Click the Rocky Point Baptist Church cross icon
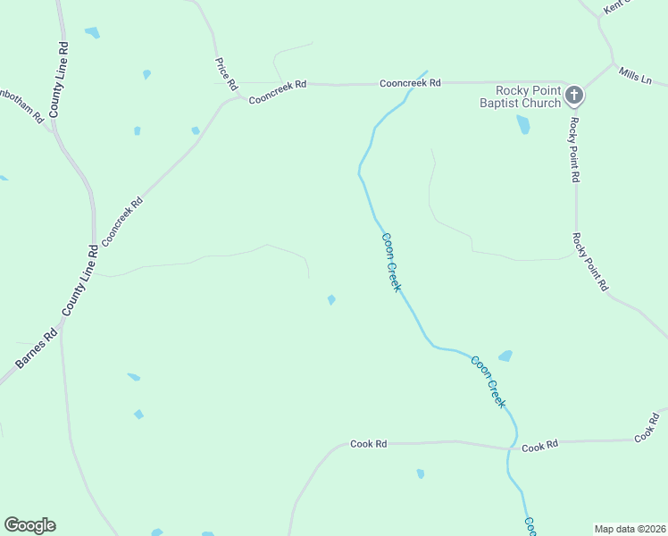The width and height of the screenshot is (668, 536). pyautogui.click(x=574, y=94)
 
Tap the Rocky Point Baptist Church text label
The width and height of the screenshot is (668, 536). pyautogui.click(x=529, y=96)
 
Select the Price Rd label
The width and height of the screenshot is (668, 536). pyautogui.click(x=225, y=74)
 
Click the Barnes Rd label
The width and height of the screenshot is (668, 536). pyautogui.click(x=36, y=348)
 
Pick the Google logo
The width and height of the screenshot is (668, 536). pyautogui.click(x=29, y=525)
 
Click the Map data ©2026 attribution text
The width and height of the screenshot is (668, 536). pyautogui.click(x=629, y=529)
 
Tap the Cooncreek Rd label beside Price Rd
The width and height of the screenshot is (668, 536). pyautogui.click(x=278, y=90)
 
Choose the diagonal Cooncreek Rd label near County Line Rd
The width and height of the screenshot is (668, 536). pyautogui.click(x=122, y=222)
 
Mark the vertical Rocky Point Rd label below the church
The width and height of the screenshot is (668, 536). pyautogui.click(x=575, y=149)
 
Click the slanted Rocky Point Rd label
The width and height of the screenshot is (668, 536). pyautogui.click(x=590, y=262)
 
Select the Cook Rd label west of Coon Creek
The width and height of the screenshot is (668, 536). pyautogui.click(x=368, y=443)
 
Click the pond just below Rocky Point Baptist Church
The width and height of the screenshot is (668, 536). pyautogui.click(x=523, y=125)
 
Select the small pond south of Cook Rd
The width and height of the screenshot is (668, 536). pyautogui.click(x=420, y=473)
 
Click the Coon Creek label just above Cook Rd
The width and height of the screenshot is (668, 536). pyautogui.click(x=488, y=381)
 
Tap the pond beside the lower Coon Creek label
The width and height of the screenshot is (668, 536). pyautogui.click(x=505, y=356)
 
